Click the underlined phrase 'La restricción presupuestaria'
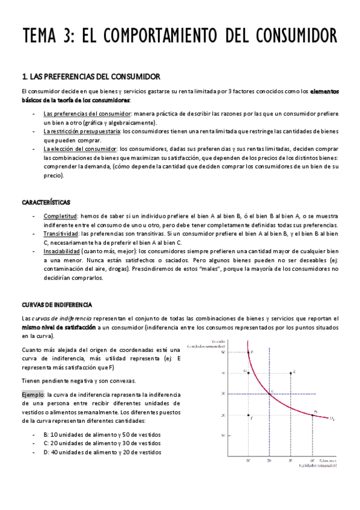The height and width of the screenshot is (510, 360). (x=81, y=131)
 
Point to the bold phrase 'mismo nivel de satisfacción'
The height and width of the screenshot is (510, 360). (x=58, y=327)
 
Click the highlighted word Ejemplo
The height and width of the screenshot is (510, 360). (x=33, y=394)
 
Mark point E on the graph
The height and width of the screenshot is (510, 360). (x=290, y=373)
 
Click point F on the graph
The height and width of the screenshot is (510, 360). (x=249, y=416)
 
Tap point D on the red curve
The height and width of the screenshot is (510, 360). (x=313, y=414)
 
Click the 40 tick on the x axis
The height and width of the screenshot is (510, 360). (x=312, y=461)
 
